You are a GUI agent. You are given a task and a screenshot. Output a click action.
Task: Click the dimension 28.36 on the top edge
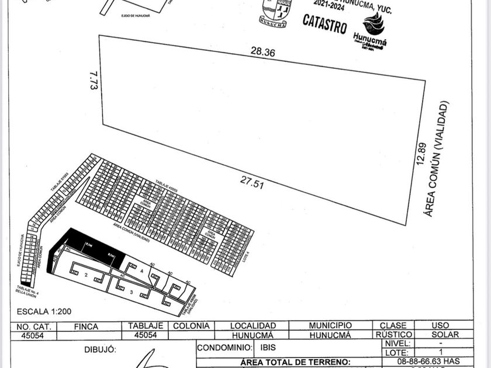click(x=262, y=52)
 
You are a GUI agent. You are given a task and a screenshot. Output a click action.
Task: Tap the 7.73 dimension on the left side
click(x=93, y=80)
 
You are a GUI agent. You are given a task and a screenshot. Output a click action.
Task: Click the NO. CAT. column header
click(x=34, y=326)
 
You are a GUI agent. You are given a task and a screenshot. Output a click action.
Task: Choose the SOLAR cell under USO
click(x=444, y=335)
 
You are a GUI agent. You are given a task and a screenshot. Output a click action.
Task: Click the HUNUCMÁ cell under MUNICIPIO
click(x=330, y=335)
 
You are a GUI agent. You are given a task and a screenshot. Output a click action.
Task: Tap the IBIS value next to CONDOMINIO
click(x=268, y=347)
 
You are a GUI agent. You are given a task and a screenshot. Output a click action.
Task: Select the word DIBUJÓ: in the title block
click(x=101, y=349)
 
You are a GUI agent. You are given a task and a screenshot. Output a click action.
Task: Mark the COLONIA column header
click(x=191, y=326)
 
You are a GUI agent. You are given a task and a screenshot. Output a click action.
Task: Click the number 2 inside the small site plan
click(x=87, y=274)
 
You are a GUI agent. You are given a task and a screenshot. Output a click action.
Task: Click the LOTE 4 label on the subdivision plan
click(x=246, y=258)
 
